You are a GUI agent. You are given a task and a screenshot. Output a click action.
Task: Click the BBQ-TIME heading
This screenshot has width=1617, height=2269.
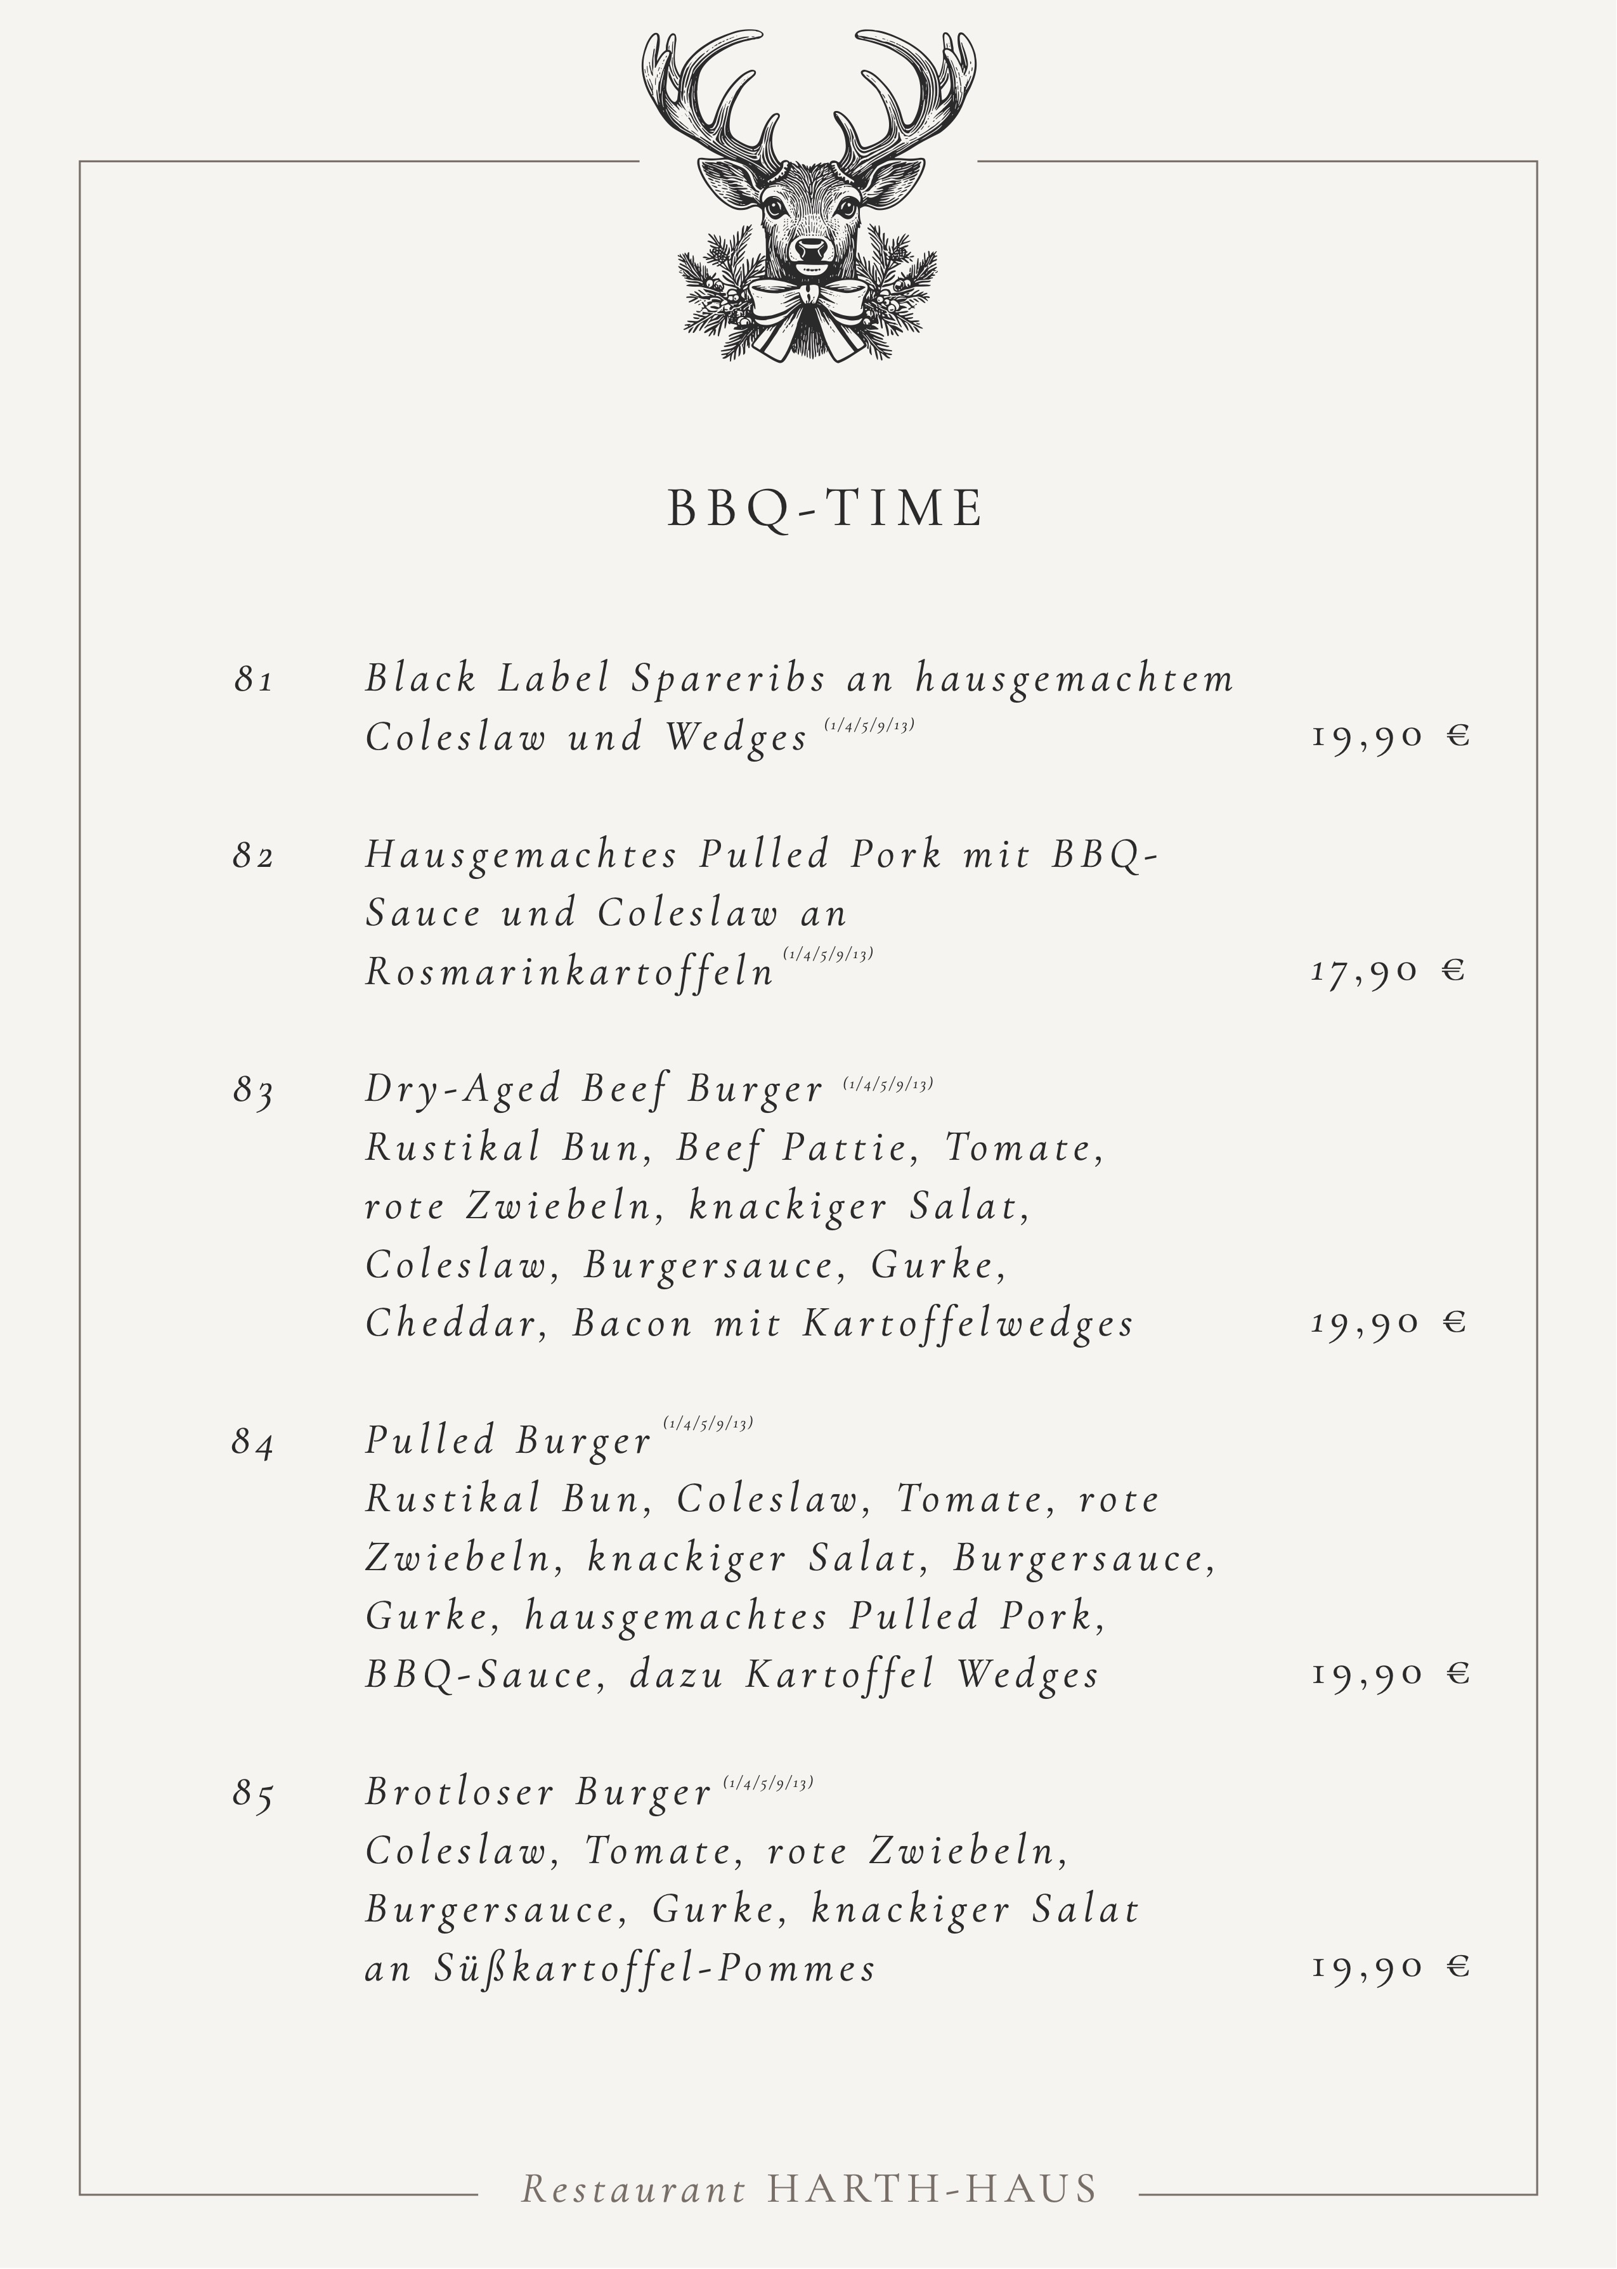coord(824,508)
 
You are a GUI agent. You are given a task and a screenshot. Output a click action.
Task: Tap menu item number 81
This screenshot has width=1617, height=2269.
coord(254,680)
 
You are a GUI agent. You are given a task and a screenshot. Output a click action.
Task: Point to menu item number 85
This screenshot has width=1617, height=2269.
coord(254,1794)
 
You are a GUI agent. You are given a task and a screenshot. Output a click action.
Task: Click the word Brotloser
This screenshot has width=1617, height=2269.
coord(459,1792)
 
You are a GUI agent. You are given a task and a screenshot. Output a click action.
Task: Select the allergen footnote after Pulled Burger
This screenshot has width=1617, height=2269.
coord(708,1423)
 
